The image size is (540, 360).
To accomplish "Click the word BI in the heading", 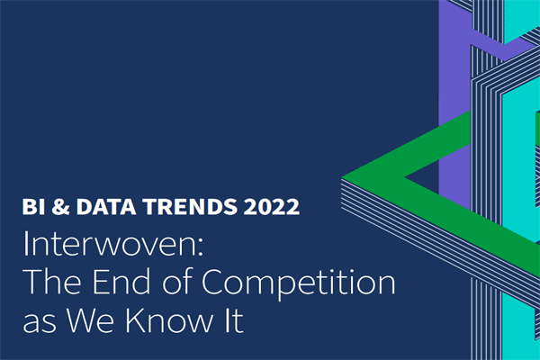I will point(32,207).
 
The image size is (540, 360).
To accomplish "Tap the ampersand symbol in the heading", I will point(60,207).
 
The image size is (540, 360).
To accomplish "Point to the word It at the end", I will point(231,321).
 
